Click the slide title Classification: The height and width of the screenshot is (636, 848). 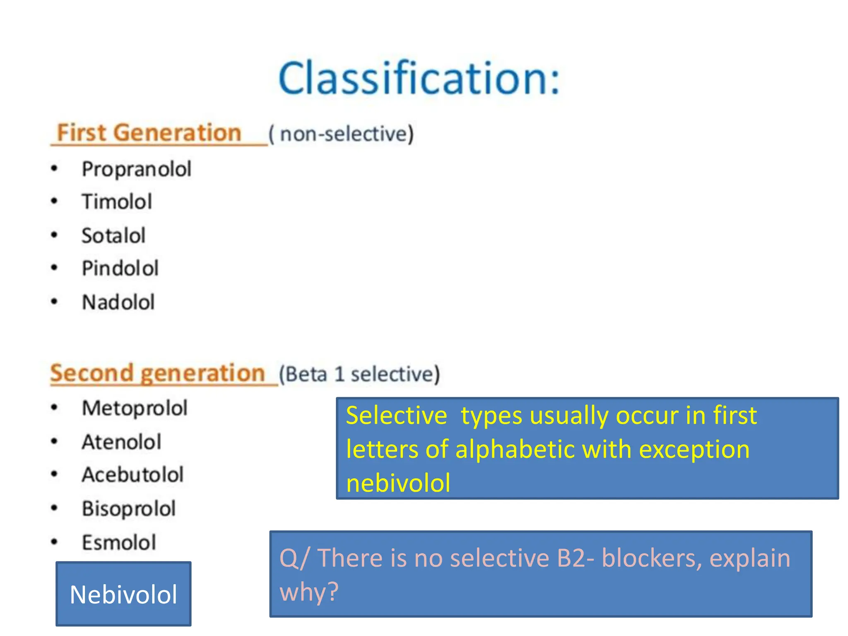tap(419, 78)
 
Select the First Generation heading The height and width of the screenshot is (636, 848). tap(149, 133)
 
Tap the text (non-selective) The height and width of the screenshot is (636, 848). tap(341, 134)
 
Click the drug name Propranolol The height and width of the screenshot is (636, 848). tap(137, 169)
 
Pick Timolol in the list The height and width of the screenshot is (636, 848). tap(117, 202)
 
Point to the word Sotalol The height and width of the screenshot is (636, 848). tap(113, 236)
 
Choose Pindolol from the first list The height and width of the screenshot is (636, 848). tap(120, 268)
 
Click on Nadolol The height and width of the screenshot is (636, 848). tap(118, 302)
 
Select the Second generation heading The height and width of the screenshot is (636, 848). tap(157, 373)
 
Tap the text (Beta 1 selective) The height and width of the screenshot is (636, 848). tap(359, 374)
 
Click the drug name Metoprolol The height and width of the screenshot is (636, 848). tap(135, 408)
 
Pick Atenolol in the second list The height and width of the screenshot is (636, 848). tap(122, 442)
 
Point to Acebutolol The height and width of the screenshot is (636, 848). tap(133, 475)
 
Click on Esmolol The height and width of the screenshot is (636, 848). tap(119, 542)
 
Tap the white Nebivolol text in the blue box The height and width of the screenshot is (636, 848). tap(123, 595)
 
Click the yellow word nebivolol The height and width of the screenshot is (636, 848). tap(398, 483)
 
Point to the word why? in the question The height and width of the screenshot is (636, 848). tap(309, 591)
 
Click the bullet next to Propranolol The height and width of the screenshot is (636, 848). tap(54, 169)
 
